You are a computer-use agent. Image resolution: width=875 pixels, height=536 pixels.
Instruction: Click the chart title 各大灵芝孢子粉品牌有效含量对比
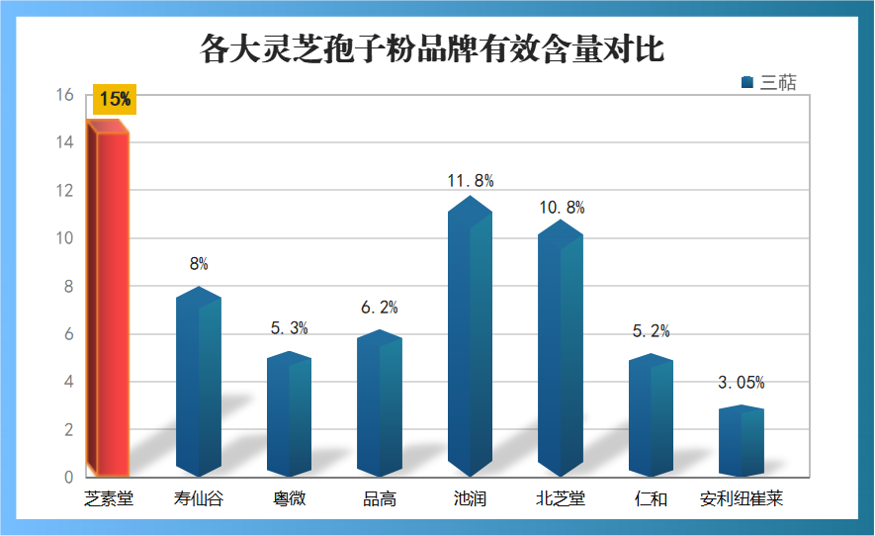432,47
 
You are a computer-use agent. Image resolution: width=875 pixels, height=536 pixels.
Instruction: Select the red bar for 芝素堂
109,302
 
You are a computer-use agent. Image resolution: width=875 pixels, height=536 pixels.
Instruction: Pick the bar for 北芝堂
561,351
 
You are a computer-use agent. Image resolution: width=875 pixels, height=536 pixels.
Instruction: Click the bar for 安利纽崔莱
741,443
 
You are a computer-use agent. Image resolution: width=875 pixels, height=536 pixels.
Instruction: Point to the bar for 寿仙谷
199,386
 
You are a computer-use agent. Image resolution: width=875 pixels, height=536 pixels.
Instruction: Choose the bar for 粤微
289,415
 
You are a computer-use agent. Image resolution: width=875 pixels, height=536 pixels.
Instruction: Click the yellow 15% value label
115,99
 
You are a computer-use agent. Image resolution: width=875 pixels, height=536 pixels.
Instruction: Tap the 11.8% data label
471,181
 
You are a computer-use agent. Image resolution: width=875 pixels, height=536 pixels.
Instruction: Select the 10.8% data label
562,208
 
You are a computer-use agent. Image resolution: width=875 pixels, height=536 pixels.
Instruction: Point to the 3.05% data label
742,383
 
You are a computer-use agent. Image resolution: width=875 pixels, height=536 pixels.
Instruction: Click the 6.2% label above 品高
380,308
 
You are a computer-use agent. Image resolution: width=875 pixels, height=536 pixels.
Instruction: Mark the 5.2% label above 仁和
652,331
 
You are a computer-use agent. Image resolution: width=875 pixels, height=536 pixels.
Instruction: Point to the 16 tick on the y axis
65,95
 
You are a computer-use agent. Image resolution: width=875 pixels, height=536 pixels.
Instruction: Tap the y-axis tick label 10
65,238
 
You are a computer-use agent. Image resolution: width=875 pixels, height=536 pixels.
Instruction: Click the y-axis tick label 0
69,478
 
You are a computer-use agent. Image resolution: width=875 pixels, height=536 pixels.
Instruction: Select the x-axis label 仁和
652,499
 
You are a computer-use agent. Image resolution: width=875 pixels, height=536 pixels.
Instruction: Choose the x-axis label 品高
380,499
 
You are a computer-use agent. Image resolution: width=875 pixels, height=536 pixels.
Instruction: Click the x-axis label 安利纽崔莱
742,499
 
